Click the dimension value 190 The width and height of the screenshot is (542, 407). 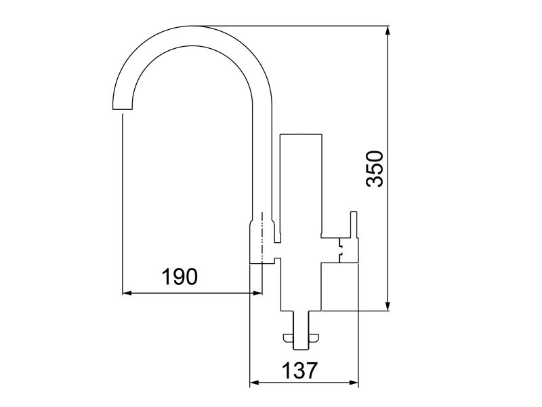[180, 277]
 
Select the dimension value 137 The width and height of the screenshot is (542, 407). [299, 370]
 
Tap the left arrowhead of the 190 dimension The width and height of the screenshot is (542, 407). [125, 293]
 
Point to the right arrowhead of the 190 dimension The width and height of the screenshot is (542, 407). [257, 293]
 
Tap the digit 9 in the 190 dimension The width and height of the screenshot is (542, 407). [180, 277]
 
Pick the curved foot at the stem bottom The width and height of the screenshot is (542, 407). [301, 337]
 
